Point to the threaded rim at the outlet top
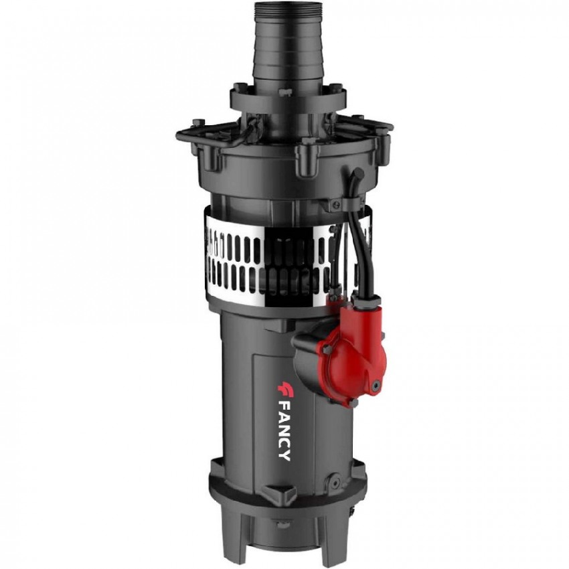pos(284,10)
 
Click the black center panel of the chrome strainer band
pos(286,265)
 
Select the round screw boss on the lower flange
pos(335,481)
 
